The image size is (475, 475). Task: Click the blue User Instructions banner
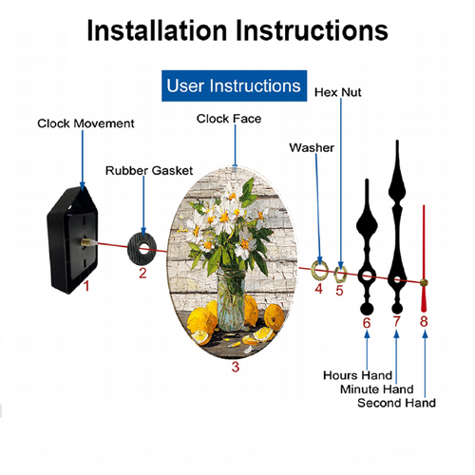click(x=234, y=85)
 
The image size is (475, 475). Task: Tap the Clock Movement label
click(x=85, y=123)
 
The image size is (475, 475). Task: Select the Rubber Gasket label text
click(x=149, y=171)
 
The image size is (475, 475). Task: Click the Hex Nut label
click(x=337, y=92)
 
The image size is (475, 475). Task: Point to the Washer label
click(x=312, y=147)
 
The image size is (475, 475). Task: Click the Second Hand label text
click(x=396, y=403)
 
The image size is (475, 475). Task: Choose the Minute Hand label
click(x=377, y=389)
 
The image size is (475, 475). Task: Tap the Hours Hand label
click(x=357, y=375)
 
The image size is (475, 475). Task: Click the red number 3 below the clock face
click(x=236, y=367)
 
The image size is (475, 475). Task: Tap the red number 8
click(x=424, y=321)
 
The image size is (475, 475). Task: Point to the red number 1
click(x=86, y=286)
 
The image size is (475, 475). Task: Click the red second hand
click(x=424, y=258)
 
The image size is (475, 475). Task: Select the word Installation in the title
click(x=157, y=30)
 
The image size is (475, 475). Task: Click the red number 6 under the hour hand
click(x=367, y=323)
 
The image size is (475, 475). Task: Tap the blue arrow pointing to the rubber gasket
click(x=143, y=206)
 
